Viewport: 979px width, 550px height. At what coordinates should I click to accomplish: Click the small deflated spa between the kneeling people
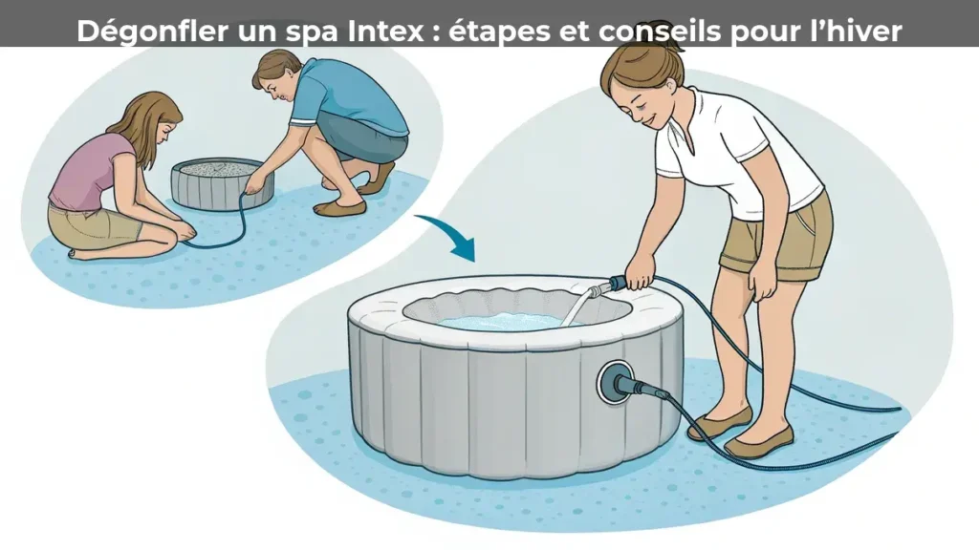click(222, 183)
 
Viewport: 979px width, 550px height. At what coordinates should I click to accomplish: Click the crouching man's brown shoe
click(339, 207)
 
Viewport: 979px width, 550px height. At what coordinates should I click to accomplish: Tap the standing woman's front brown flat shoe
click(758, 441)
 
